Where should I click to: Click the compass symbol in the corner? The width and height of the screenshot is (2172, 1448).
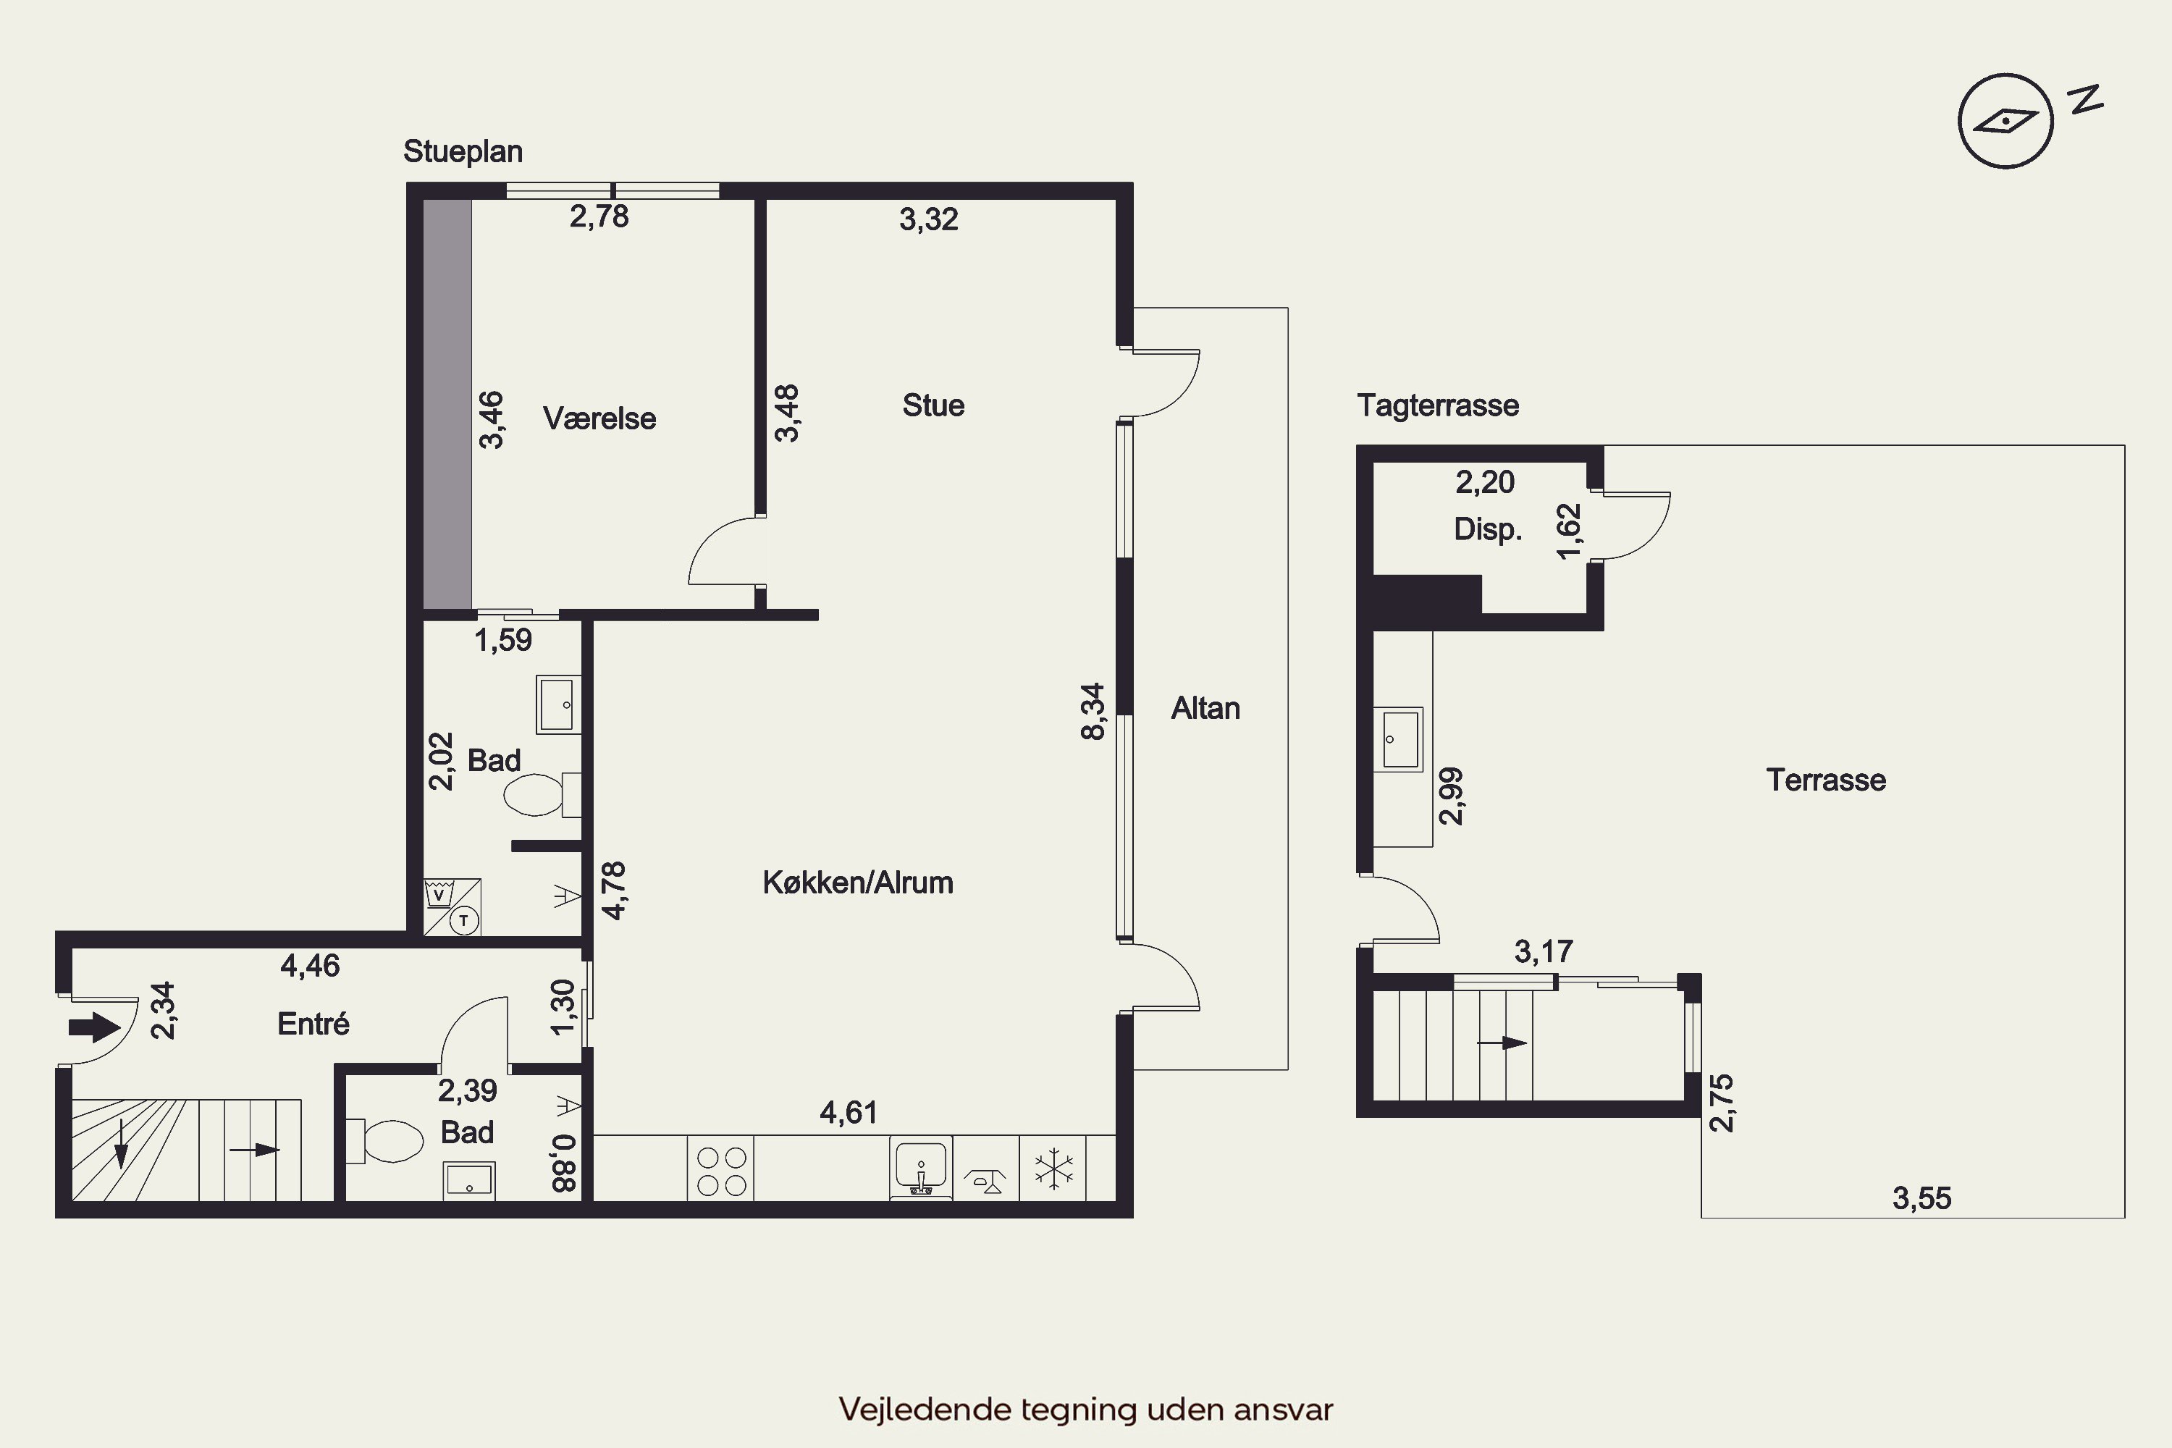click(x=2005, y=121)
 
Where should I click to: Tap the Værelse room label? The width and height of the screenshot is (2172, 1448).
click(x=599, y=418)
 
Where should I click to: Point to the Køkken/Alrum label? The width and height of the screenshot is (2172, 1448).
click(x=858, y=883)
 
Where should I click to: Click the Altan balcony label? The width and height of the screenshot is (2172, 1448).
click(x=1205, y=708)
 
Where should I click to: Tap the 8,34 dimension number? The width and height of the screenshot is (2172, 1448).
click(x=1093, y=711)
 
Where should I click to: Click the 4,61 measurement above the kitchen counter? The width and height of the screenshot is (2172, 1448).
click(x=849, y=1112)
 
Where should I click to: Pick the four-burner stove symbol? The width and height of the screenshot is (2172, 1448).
click(x=721, y=1171)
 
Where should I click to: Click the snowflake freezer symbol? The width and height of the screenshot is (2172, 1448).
click(x=1053, y=1169)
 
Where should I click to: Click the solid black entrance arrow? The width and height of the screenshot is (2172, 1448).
click(x=94, y=1027)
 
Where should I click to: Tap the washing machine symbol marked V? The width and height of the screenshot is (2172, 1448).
click(x=439, y=895)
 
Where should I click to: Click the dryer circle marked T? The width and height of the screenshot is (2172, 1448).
click(x=463, y=921)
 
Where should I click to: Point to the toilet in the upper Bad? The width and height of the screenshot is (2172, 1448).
click(x=542, y=795)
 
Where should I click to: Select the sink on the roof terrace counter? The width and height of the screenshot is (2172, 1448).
click(x=1398, y=738)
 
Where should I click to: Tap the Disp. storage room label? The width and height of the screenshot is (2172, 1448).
click(x=1488, y=529)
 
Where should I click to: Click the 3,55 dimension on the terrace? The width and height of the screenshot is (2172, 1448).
click(x=1921, y=1199)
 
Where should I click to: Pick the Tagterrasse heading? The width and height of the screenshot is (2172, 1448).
click(x=1438, y=405)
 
